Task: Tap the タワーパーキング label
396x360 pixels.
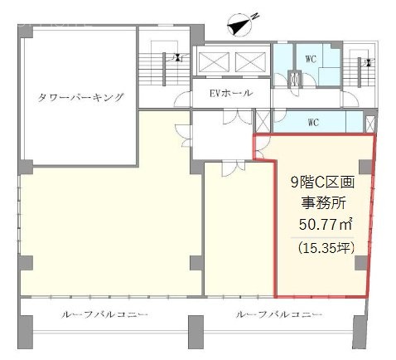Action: pyautogui.click(x=80, y=97)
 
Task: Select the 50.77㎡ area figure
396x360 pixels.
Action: pyautogui.click(x=323, y=222)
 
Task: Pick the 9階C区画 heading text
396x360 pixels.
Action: pyautogui.click(x=323, y=182)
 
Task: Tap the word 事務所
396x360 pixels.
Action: pyautogui.click(x=323, y=202)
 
